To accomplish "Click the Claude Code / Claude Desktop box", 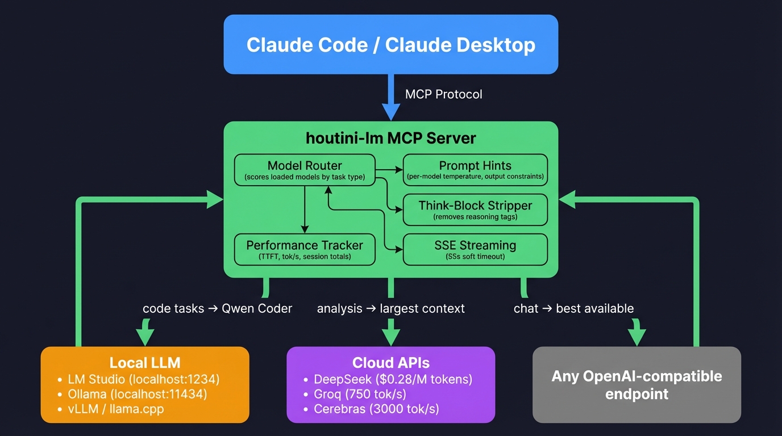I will (390, 45).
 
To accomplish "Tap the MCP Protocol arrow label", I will (443, 94).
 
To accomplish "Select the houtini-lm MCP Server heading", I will (390, 138).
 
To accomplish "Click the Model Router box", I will (305, 170).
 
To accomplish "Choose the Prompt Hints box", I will (475, 170).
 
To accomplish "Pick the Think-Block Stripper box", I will (475, 209).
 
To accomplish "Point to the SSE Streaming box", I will (475, 250).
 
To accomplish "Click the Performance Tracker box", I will (305, 250).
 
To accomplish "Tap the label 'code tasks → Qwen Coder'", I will (217, 308).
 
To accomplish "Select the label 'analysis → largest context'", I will (390, 308).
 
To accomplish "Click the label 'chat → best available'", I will (573, 308).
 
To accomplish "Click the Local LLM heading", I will (145, 363).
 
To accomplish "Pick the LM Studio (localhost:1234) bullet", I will (143, 379).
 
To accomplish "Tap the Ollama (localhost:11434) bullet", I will (137, 393).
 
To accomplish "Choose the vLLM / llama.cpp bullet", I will (115, 409).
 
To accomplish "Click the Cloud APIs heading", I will (390, 363).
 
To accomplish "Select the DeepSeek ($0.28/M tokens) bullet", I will (393, 379).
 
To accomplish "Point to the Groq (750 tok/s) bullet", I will (360, 393).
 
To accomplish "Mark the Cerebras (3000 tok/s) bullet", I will (376, 409).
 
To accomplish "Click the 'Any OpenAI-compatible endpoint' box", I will (637, 385).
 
